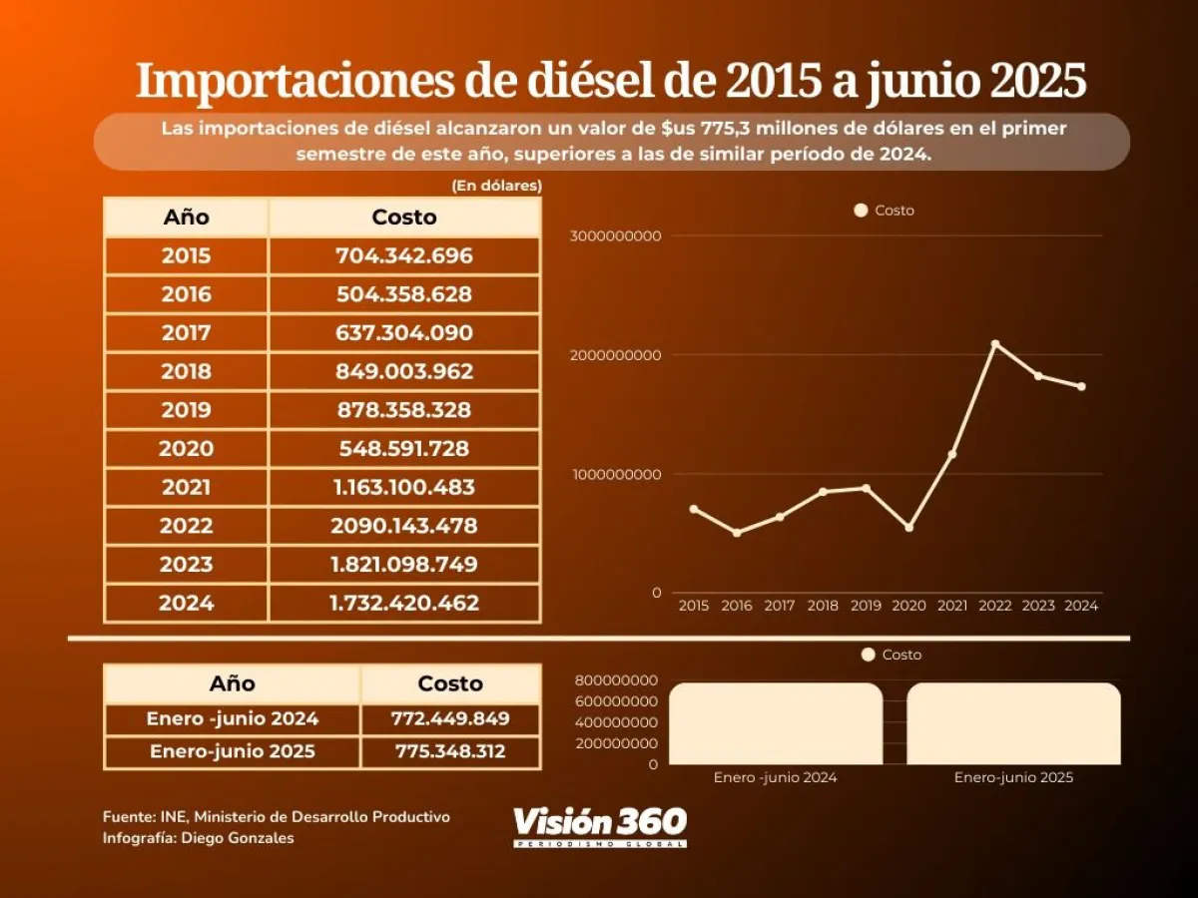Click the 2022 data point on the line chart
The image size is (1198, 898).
pos(994,344)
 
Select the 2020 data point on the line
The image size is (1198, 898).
pos(908,527)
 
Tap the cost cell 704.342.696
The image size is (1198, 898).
pos(403,255)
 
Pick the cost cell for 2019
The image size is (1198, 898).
pos(403,410)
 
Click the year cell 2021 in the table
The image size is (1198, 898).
pos(186,487)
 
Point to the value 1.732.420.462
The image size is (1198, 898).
pos(403,603)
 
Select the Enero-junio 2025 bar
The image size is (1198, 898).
pos(1013,723)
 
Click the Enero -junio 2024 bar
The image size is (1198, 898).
pos(776,723)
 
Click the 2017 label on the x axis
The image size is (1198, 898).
pos(780,606)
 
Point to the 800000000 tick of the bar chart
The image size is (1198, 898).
pos(616,679)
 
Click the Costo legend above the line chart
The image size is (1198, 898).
pos(885,211)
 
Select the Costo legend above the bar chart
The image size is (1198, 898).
pos(891,655)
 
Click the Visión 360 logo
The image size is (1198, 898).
pos(600,825)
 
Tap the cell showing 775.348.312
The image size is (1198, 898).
pos(450,751)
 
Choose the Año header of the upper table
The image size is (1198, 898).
pos(186,218)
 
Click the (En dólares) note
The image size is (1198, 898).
pos(496,185)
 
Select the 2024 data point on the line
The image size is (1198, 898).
pos(1081,386)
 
